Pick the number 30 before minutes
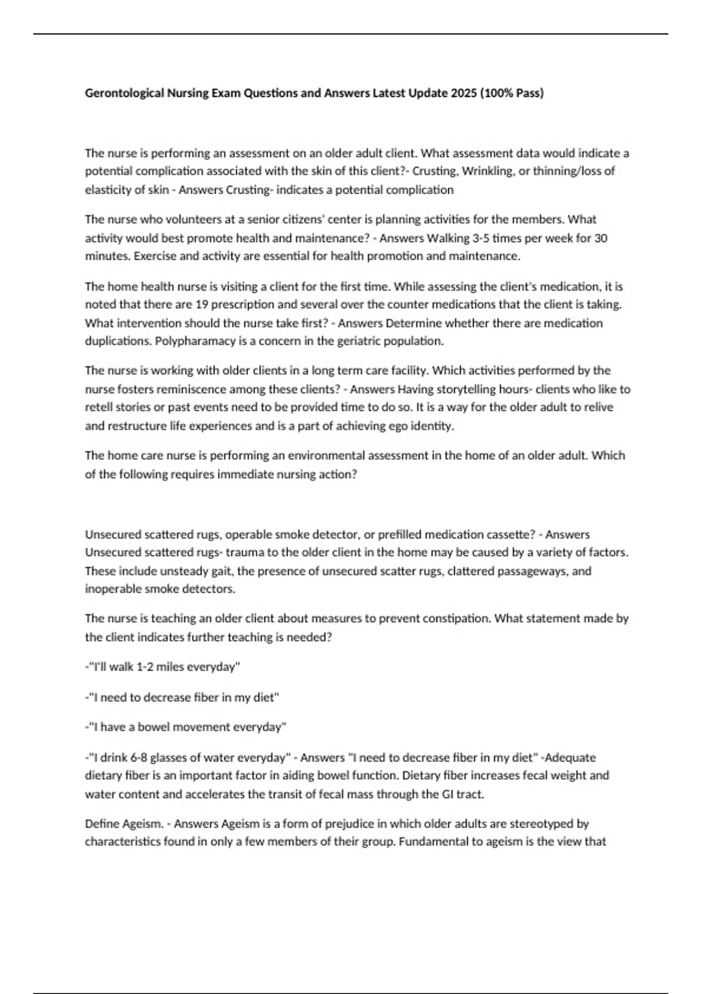coord(600,238)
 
